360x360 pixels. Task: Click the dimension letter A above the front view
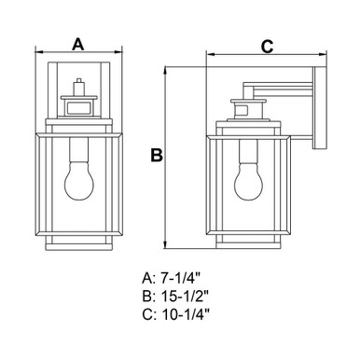(78, 44)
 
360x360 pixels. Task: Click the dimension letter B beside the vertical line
(157, 155)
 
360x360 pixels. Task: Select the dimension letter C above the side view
(267, 47)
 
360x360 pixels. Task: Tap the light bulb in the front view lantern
(78, 181)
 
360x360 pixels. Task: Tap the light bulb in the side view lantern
(248, 181)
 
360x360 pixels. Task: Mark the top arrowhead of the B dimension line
(166, 71)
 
